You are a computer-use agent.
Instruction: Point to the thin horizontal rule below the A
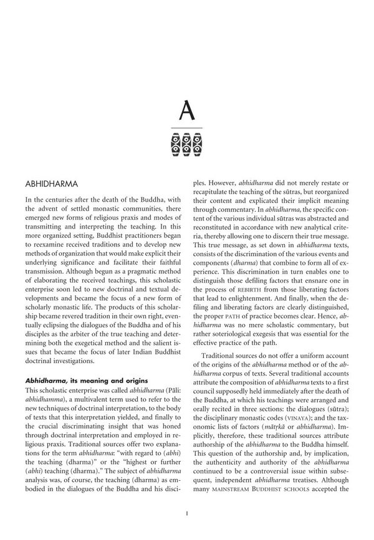(x=187, y=129)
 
